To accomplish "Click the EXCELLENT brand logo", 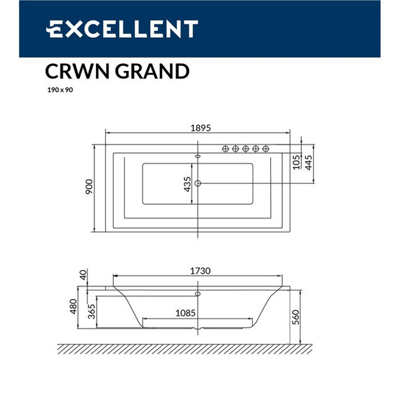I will coord(121,29).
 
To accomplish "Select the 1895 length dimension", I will coord(200,128).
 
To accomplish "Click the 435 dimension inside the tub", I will coord(187,184).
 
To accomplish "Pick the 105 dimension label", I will coord(297,162).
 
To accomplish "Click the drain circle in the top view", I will coord(199,184).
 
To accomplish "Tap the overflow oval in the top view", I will coord(198,156).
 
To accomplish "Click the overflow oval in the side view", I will coord(198,293).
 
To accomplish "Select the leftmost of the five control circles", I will coord(226,148).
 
